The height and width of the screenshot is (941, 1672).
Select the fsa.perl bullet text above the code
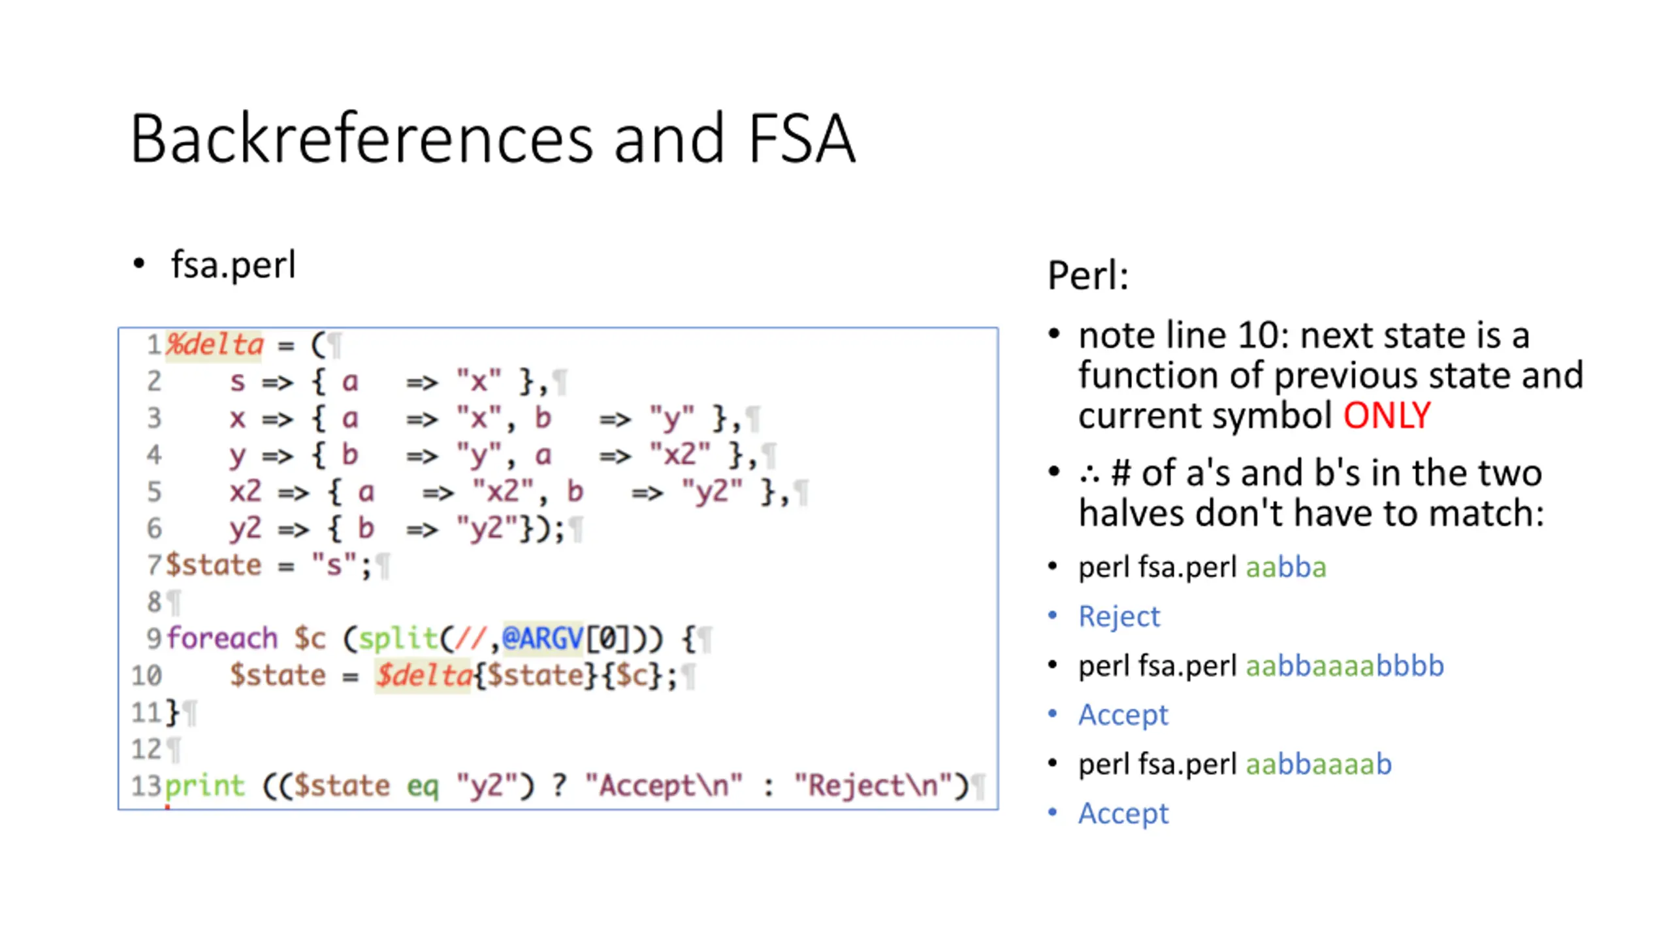tap(233, 265)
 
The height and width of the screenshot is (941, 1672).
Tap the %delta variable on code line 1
tap(214, 344)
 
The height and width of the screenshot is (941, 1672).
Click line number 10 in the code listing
tap(146, 675)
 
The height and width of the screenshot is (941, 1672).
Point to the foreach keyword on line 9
tap(222, 638)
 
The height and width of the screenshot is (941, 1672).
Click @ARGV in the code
tap(542, 638)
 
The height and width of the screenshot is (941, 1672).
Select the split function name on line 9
tap(398, 638)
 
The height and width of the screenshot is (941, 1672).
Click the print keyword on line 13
tap(204, 785)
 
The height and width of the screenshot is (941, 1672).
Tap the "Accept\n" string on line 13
tap(664, 785)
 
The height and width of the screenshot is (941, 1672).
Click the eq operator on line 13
tap(423, 785)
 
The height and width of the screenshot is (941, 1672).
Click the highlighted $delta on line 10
tap(423, 675)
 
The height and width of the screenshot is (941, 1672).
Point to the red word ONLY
tap(1387, 416)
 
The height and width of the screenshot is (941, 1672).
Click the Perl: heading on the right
tap(1088, 275)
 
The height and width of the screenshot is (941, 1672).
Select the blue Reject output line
tap(1119, 616)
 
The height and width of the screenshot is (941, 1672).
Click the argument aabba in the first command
tap(1286, 567)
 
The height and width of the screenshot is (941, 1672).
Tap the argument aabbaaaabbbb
tap(1345, 666)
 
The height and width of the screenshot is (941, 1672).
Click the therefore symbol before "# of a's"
tap(1089, 474)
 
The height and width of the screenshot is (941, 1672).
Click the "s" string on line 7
tap(334, 565)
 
